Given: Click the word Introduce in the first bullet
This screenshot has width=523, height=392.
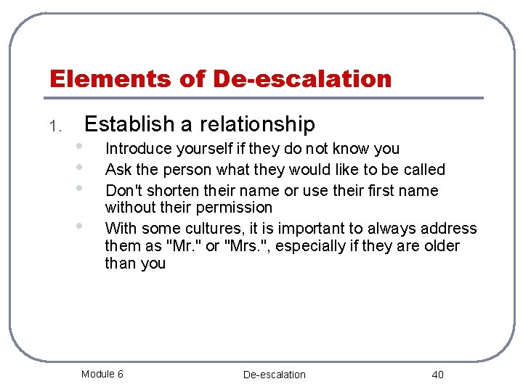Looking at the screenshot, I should (136, 149).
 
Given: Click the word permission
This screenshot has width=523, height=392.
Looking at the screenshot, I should (238, 208).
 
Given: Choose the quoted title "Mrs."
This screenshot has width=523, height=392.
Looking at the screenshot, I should (249, 246).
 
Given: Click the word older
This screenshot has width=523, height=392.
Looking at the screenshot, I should (440, 246).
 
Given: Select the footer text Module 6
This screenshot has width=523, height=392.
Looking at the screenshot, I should (102, 374).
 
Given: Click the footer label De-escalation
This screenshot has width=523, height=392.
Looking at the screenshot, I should (274, 375).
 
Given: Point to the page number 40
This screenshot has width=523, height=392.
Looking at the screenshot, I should (437, 375).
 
